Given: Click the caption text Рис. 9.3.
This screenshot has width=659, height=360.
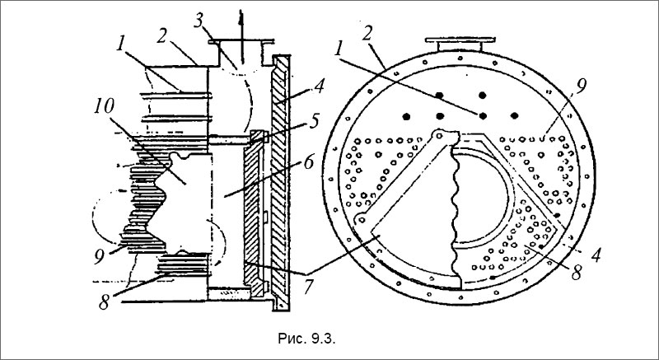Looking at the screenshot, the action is (x=306, y=339).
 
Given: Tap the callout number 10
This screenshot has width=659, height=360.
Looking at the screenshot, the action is (x=104, y=107).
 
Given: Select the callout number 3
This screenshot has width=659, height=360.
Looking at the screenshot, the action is (x=199, y=21).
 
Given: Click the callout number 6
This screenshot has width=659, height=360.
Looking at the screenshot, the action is (x=309, y=161).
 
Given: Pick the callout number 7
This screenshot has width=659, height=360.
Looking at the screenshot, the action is (x=309, y=286).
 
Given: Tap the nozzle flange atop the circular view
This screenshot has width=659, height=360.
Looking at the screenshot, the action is (x=460, y=40).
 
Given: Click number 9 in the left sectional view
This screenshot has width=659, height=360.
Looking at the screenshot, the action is (x=99, y=257).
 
